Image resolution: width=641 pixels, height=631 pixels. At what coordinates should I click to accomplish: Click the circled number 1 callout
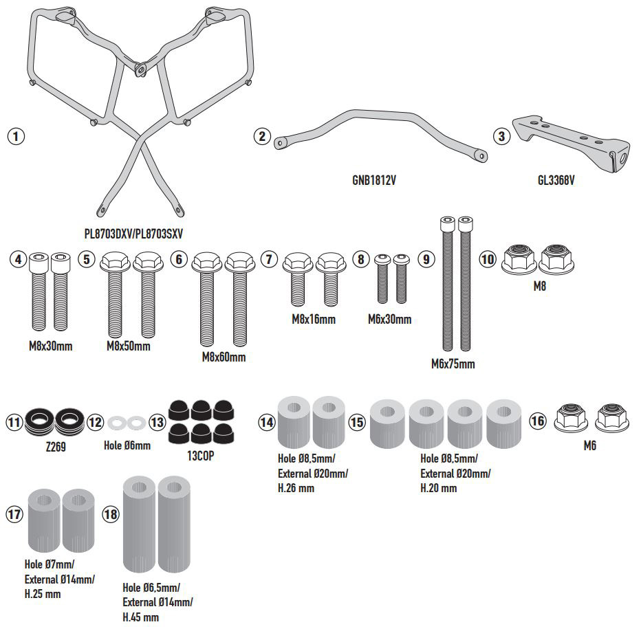pos(15,135)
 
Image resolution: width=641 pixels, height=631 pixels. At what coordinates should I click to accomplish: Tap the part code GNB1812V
pos(374,181)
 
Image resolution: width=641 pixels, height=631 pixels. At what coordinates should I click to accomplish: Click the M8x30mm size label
pos(50,346)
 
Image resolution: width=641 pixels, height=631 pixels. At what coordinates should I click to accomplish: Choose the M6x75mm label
pos(452,364)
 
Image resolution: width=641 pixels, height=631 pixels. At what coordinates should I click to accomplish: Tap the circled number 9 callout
pos(426,260)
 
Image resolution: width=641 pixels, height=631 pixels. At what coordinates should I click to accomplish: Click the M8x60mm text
pos(223,357)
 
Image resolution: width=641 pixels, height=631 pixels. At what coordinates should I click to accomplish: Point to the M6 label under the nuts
pos(589,445)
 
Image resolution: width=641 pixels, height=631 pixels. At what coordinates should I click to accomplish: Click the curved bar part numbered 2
pos(378,134)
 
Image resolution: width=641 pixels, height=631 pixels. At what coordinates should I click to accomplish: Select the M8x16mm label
pos(312,320)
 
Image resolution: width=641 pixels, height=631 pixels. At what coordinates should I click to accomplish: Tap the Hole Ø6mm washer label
pos(127,445)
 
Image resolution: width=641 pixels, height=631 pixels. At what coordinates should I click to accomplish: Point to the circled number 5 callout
pos(86,260)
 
